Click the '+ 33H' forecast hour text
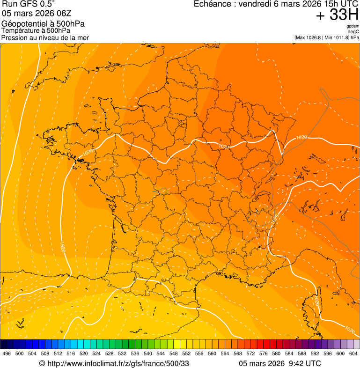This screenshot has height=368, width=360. (337, 15)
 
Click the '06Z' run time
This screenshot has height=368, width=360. (64, 13)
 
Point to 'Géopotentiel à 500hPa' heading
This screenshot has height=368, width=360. (43, 24)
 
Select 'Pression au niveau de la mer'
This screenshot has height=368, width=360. (45, 37)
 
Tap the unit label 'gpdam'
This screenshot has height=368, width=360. (353, 26)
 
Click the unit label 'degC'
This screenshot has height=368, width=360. (354, 31)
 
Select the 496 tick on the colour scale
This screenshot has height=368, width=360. (7, 354)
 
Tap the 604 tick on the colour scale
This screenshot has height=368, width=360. (353, 354)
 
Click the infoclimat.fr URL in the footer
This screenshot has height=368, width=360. (118, 363)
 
